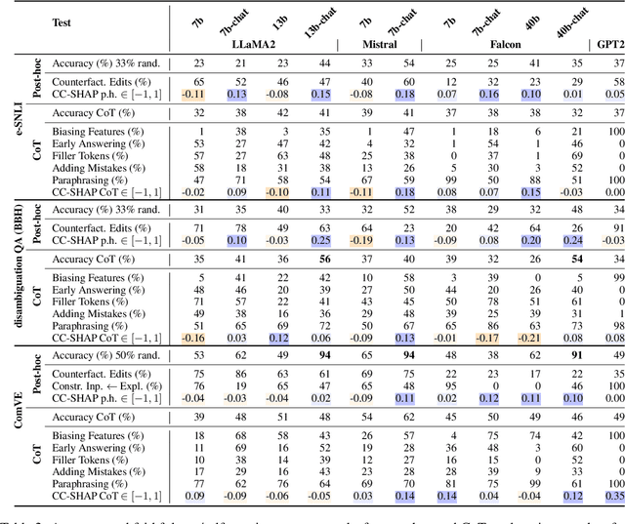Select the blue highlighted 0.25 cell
[x=316, y=239]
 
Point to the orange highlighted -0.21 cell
[x=528, y=337]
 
